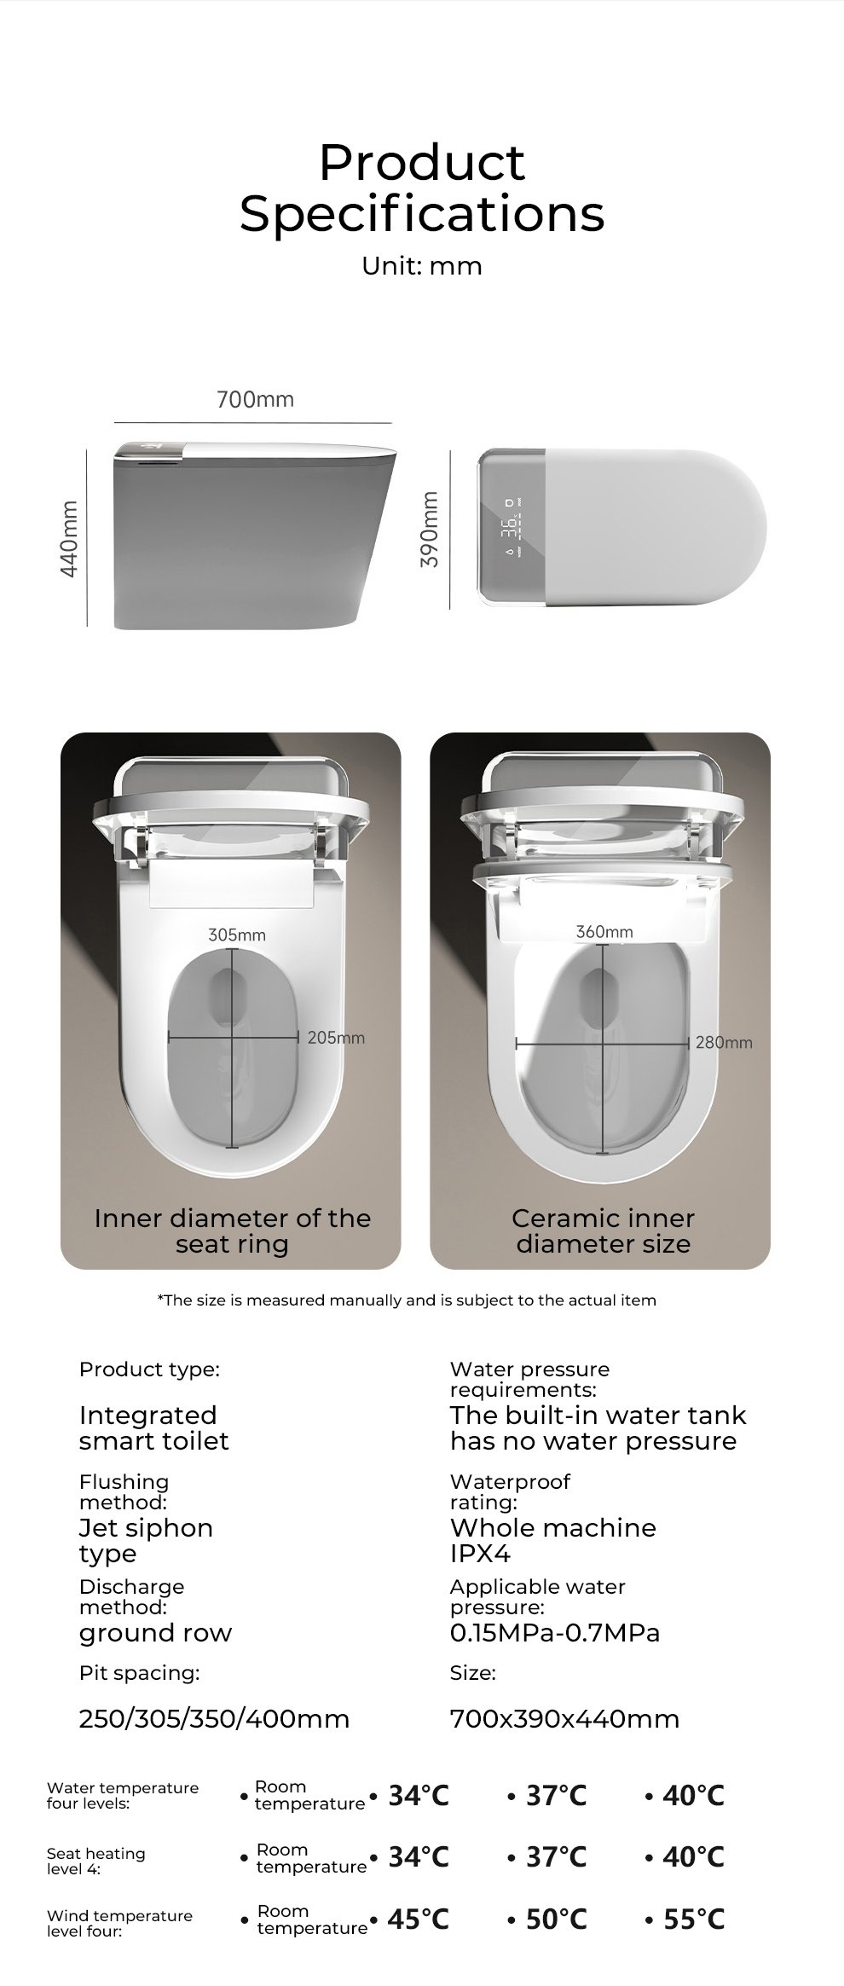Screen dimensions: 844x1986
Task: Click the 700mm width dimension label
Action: pyautogui.click(x=255, y=399)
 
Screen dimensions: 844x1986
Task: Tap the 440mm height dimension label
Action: pyautogui.click(x=70, y=538)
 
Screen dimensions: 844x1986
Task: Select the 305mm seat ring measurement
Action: pyautogui.click(x=237, y=935)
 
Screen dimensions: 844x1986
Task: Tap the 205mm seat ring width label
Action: pyautogui.click(x=336, y=1038)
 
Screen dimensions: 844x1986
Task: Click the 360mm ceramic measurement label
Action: pyautogui.click(x=604, y=932)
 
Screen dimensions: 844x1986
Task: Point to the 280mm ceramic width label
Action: pyautogui.click(x=724, y=1042)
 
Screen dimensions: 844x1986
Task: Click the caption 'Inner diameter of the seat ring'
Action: pyautogui.click(x=232, y=1231)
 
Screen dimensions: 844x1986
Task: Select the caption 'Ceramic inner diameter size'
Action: pyautogui.click(x=603, y=1231)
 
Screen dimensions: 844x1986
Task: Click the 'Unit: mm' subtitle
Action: pyautogui.click(x=422, y=266)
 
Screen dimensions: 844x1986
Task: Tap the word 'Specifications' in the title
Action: pyautogui.click(x=422, y=214)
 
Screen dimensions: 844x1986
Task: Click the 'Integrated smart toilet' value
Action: pyautogui.click(x=154, y=1428)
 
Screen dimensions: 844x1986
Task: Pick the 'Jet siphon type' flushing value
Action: pyautogui.click(x=146, y=1541)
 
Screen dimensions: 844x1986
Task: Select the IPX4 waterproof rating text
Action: pyautogui.click(x=480, y=1554)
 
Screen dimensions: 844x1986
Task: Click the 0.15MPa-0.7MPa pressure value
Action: pyautogui.click(x=555, y=1633)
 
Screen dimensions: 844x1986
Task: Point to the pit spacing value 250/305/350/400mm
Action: pyautogui.click(x=214, y=1718)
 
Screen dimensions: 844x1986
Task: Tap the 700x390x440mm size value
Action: pyautogui.click(x=564, y=1718)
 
